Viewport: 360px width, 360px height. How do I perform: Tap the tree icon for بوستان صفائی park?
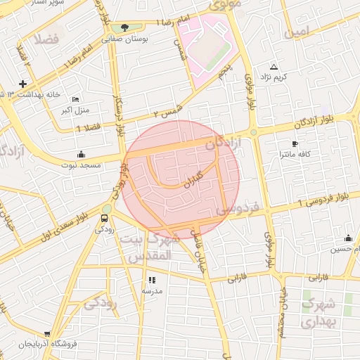(x=124, y=28)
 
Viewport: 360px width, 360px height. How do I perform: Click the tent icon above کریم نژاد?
(x=274, y=65)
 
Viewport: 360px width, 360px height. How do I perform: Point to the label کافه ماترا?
(x=295, y=153)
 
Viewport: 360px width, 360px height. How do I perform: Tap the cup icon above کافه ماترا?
(x=295, y=143)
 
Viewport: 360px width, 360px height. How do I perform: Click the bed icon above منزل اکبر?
(x=76, y=100)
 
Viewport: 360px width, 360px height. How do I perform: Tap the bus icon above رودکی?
(x=105, y=218)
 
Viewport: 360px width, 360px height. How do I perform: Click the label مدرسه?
(x=153, y=290)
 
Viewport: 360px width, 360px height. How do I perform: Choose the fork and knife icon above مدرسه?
(x=153, y=280)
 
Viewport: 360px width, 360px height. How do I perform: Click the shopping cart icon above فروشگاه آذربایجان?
(x=47, y=335)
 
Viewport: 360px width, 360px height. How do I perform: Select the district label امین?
(x=296, y=32)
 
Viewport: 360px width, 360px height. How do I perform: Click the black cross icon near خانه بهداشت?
(x=23, y=84)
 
